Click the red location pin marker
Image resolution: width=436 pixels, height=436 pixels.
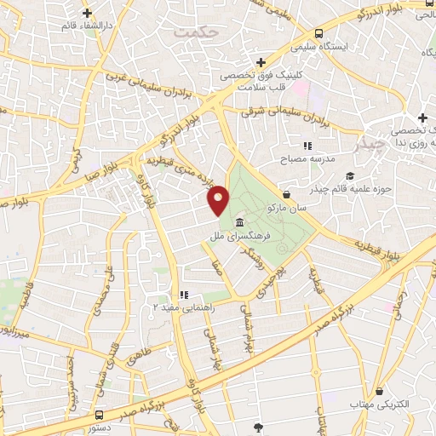coord(219,199)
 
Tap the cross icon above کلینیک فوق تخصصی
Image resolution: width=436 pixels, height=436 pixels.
coord(261,62)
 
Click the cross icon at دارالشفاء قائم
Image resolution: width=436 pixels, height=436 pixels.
coord(88,13)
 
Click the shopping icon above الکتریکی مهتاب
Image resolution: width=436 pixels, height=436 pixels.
coord(379,391)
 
